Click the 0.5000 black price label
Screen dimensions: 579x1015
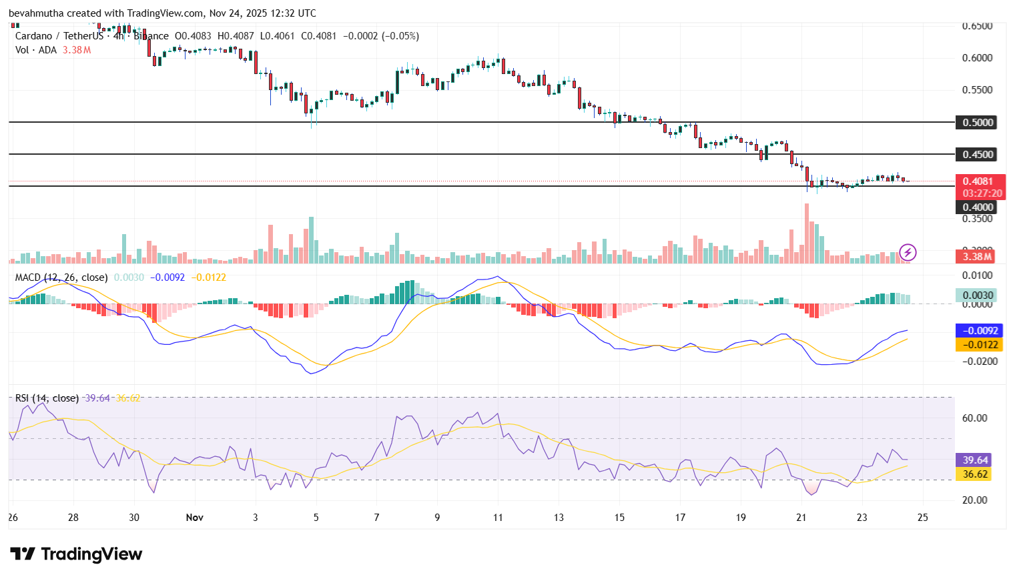click(x=978, y=122)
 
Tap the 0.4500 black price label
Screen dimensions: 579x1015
click(x=978, y=154)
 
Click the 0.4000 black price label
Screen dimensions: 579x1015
click(x=978, y=207)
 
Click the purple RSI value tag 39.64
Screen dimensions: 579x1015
click(x=975, y=460)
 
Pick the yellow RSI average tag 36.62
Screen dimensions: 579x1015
click(x=975, y=474)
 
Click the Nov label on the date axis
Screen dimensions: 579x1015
click(x=194, y=517)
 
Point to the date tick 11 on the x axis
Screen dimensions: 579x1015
click(x=498, y=517)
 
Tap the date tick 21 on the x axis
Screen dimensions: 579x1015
click(x=801, y=517)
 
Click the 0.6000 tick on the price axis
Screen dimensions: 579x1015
click(x=977, y=58)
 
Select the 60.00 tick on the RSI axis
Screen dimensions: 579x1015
click(x=974, y=418)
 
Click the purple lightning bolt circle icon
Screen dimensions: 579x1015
click(x=908, y=252)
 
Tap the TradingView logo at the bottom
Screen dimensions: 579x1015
click(x=76, y=554)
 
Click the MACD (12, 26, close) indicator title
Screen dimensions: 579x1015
click(x=61, y=277)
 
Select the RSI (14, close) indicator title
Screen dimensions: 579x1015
click(x=47, y=398)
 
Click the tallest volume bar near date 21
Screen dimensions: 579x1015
click(x=806, y=233)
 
